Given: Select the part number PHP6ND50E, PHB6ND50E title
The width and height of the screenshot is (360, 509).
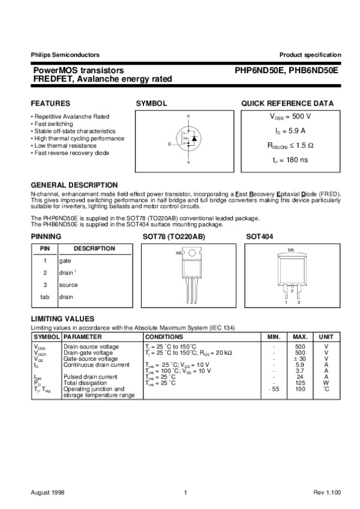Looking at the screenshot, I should (287, 70).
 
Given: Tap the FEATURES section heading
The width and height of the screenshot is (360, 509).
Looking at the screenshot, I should (50, 103).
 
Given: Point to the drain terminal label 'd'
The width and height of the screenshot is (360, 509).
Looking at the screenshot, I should (188, 115).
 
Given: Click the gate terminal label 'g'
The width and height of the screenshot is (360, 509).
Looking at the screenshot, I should (169, 144).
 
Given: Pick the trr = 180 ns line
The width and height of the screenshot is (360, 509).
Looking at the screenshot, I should (290, 160).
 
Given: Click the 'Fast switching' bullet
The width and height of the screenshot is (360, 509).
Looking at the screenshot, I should (54, 124).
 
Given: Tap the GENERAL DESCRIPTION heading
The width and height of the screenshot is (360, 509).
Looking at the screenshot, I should (74, 185).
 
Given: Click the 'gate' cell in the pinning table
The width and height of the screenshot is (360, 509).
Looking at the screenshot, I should (65, 261).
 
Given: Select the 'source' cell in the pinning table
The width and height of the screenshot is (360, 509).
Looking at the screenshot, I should (68, 285).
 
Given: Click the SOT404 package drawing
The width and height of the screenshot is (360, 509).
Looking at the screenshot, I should (291, 273).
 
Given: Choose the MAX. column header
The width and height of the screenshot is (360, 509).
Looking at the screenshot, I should (301, 338).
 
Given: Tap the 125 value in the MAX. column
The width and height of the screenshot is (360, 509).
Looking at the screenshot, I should (301, 382).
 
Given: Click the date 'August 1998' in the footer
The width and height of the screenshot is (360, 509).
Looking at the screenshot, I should (47, 492).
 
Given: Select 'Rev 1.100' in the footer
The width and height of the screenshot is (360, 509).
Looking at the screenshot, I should (327, 492).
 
